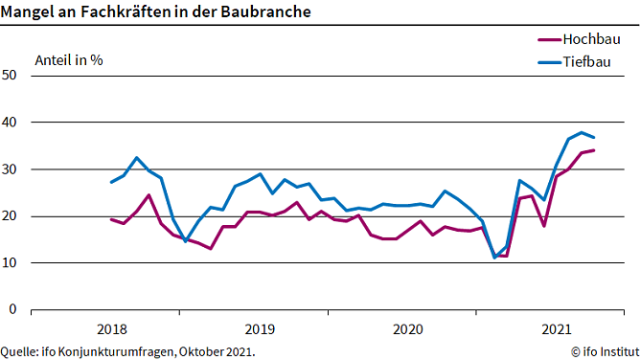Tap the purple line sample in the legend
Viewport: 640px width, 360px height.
click(x=548, y=40)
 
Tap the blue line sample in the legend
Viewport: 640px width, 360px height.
click(x=548, y=64)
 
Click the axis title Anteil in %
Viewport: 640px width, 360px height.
click(x=68, y=59)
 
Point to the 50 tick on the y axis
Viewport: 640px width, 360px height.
click(x=11, y=76)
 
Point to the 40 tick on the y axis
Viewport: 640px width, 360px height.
click(x=11, y=123)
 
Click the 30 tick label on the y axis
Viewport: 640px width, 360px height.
click(x=11, y=169)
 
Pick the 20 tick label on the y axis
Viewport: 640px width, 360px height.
click(x=11, y=216)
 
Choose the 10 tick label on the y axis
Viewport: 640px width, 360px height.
click(x=11, y=263)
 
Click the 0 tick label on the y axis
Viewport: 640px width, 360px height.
click(x=14, y=310)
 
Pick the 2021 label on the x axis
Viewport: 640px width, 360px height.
click(x=556, y=329)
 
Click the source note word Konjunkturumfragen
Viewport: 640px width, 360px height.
click(x=126, y=351)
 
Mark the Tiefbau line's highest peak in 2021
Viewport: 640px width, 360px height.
click(x=582, y=132)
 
